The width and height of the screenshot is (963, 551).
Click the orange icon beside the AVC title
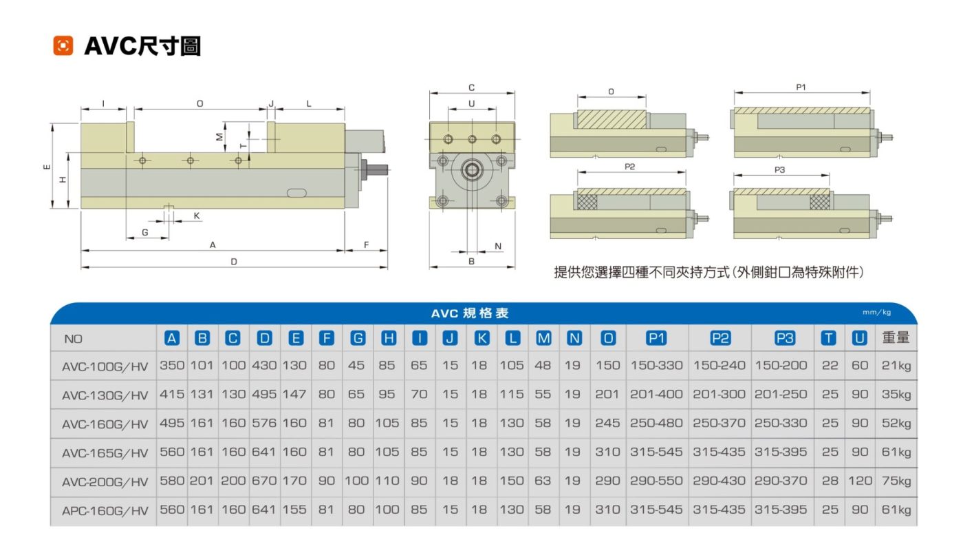tap(63, 46)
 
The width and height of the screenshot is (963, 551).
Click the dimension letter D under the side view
tap(234, 262)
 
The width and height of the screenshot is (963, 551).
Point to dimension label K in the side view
tap(197, 216)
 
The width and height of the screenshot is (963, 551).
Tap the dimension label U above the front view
tap(471, 103)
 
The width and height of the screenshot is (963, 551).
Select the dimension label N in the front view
tap(498, 246)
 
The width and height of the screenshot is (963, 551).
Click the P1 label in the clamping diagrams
tap(801, 87)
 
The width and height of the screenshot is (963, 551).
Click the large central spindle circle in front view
tap(472, 169)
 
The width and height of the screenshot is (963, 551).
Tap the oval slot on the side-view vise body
tap(296, 192)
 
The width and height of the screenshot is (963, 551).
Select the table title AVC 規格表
tap(470, 313)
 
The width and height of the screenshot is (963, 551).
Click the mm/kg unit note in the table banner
tap(877, 313)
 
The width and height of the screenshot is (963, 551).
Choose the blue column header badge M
tap(543, 338)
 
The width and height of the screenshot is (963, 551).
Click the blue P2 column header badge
tap(719, 338)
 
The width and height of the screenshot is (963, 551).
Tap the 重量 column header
tap(896, 338)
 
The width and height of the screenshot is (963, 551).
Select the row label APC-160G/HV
tap(105, 510)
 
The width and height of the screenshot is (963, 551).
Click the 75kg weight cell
tap(896, 481)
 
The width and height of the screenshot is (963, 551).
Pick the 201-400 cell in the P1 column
tap(656, 395)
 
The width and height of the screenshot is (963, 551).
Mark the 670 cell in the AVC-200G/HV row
tap(265, 481)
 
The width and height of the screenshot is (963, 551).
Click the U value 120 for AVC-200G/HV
tap(860, 481)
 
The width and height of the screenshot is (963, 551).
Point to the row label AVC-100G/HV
tap(105, 366)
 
